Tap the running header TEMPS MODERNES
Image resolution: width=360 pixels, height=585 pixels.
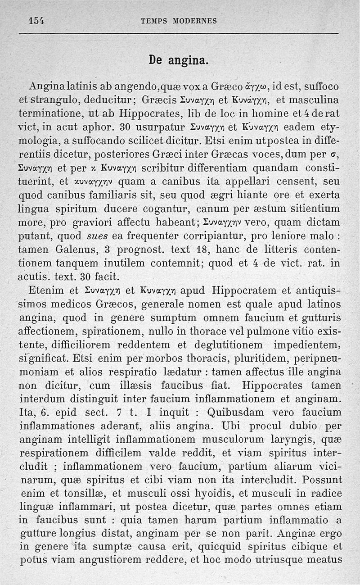tap(179, 21)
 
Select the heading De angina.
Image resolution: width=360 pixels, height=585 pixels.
tap(179, 59)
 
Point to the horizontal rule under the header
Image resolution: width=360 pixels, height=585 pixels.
tap(179, 34)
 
